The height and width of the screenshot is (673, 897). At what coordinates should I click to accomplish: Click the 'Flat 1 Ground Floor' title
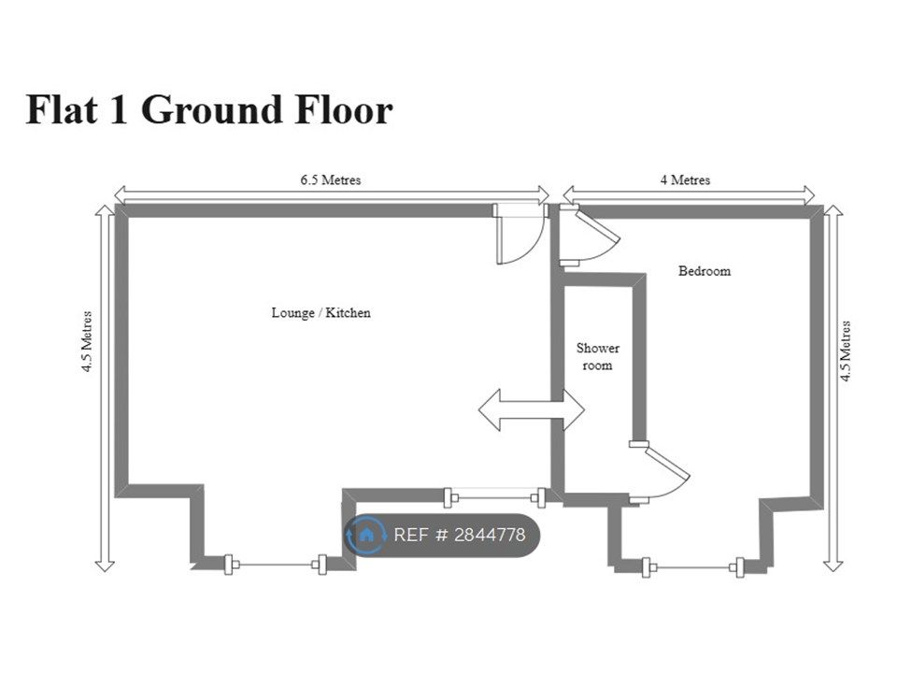(x=209, y=109)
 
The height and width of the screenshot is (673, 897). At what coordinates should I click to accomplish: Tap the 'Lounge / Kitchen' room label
(x=320, y=312)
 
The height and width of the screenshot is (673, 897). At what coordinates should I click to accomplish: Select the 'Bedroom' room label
(x=705, y=271)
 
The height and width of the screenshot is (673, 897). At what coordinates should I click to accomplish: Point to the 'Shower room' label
(x=598, y=356)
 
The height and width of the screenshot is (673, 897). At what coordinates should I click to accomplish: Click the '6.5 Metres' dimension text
(x=331, y=179)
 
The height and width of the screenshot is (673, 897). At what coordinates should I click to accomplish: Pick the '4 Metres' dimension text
(x=685, y=179)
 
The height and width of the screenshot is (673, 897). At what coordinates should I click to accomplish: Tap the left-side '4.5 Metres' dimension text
(x=86, y=342)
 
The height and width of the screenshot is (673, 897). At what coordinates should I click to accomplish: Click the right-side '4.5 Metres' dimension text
(x=845, y=351)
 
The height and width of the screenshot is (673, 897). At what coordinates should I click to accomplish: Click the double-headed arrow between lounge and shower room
(x=532, y=409)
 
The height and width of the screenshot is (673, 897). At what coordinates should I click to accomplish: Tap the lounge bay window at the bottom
(x=275, y=565)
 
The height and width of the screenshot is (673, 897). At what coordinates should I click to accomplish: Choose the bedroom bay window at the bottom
(x=692, y=567)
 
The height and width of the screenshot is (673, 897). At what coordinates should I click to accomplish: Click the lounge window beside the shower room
(x=494, y=497)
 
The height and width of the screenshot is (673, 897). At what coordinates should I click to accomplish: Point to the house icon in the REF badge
(x=366, y=535)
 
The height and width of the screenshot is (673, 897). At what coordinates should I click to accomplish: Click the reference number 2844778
(x=489, y=535)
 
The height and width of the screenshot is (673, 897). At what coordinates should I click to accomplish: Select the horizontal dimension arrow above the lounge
(x=331, y=194)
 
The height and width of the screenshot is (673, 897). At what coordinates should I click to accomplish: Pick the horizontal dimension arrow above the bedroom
(x=689, y=194)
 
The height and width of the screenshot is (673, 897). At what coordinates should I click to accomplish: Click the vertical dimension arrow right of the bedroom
(x=833, y=389)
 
